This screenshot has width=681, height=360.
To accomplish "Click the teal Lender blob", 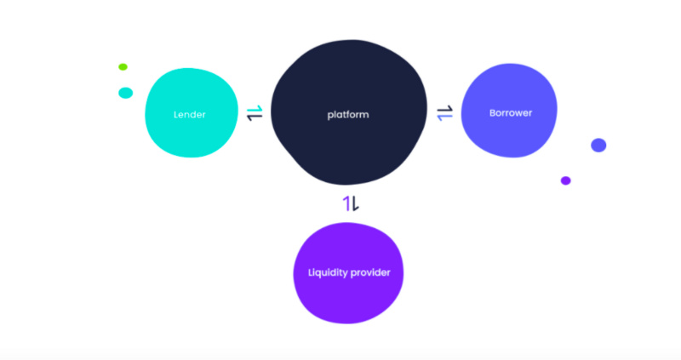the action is point(191,112).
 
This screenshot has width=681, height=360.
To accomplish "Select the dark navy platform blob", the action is point(349,112).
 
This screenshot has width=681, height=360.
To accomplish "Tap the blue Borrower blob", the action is point(509,111).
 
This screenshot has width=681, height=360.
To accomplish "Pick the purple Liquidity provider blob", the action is point(348,272).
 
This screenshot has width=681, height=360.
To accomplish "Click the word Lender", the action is point(189,115).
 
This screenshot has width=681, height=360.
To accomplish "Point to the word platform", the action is point(348,115).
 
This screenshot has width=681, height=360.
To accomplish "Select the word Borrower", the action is point(510,113).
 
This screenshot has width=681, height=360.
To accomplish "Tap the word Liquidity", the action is point(327,272).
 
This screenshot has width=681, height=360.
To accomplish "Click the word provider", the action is point(370,272).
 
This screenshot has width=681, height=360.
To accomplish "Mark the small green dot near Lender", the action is point(123,67).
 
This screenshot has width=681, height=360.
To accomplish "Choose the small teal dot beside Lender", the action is point(125,93).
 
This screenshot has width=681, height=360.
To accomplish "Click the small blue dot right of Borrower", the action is point(598,145).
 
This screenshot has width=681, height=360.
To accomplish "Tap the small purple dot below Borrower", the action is point(565,180).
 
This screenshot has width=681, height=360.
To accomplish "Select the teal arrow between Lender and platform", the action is point(255,109).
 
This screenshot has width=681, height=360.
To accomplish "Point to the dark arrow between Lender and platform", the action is point(255,117).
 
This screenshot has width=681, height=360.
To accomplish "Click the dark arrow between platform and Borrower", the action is point(444,109).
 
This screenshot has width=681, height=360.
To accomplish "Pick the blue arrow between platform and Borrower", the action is point(444,117).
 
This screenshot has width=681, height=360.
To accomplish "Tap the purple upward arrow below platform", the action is point(346,203).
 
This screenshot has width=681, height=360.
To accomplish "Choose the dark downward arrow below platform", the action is point(355,203).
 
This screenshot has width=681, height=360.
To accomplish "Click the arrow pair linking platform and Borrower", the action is point(444,113).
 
